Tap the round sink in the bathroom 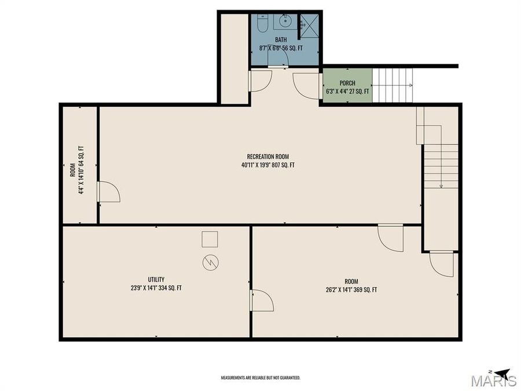coord(284,21)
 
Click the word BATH coord(281,40)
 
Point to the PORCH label coord(347,83)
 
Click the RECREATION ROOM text coord(267,156)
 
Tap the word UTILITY coord(156,280)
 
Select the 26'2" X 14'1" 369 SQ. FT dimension coord(351,290)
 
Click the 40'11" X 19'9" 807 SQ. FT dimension coord(268,165)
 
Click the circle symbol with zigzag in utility coord(211,262)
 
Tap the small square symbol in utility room coord(210,239)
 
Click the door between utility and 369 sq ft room coord(262,301)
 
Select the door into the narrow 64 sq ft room coord(108,192)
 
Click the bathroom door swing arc coord(260,81)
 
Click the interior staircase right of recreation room coord(440,165)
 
